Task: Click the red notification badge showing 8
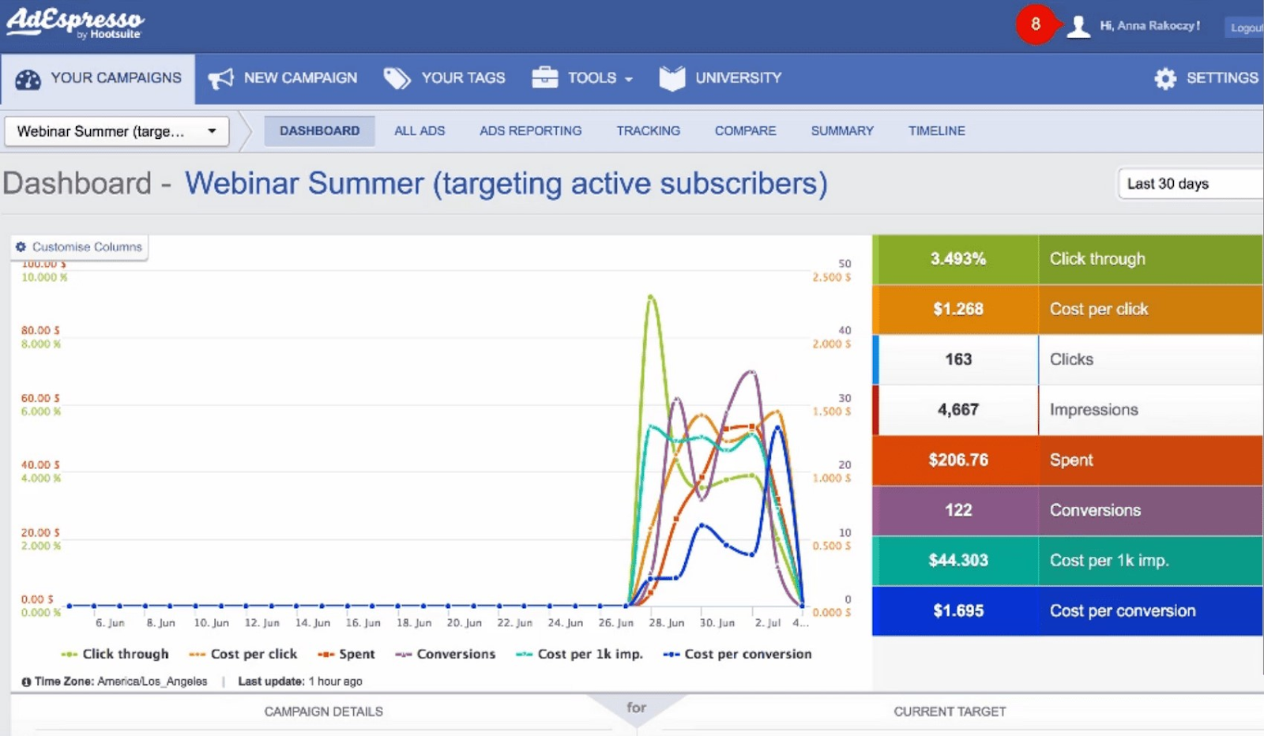tap(1035, 24)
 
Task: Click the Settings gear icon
tap(1165, 78)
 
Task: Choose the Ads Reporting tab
tap(530, 131)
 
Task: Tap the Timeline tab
tap(936, 131)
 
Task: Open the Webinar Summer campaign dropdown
tap(117, 131)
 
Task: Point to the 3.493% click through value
tap(957, 259)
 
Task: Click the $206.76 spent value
tap(957, 460)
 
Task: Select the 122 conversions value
tap(957, 510)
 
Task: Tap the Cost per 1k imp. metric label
tap(1108, 561)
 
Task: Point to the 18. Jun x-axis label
tap(414, 623)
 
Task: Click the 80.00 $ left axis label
tap(40, 330)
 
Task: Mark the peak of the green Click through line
tap(651, 297)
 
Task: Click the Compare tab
tap(745, 131)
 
